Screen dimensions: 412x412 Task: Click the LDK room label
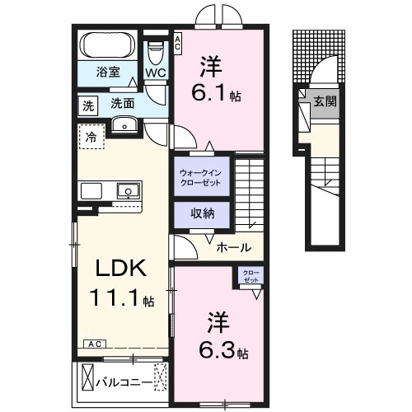[x=122, y=269]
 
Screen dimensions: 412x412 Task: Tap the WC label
[x=157, y=73]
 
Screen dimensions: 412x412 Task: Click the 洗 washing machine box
[x=87, y=105]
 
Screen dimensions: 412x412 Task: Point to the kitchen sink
[x=128, y=191]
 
